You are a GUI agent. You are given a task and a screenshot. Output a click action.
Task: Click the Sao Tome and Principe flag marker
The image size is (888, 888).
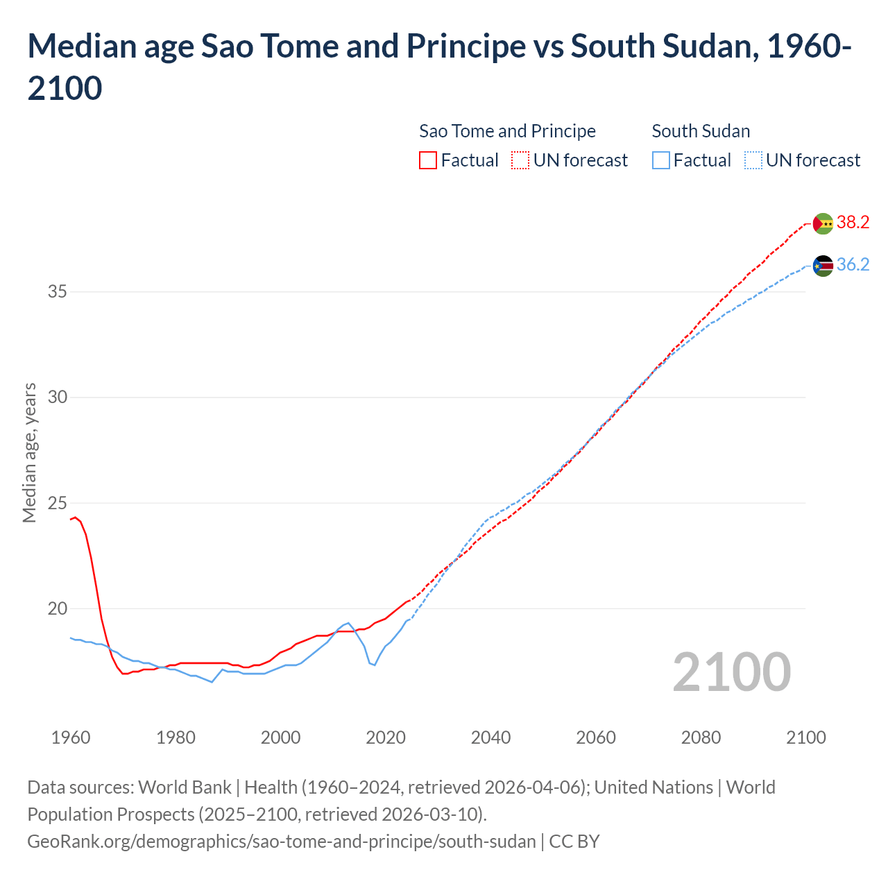coord(823,223)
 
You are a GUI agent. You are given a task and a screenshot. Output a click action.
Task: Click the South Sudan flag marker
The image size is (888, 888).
coord(823,266)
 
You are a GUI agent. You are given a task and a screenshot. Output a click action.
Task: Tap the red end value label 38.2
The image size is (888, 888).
coord(853,222)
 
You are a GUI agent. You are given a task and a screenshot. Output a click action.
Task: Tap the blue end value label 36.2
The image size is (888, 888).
coord(853,264)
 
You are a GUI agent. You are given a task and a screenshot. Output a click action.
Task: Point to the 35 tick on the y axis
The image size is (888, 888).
coord(57,291)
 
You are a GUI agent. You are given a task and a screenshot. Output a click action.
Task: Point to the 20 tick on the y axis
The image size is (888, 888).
coord(57,608)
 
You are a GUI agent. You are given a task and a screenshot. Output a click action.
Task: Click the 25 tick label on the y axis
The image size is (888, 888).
coord(57,503)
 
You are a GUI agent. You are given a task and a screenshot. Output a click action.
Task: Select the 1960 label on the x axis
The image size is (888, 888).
coord(71,737)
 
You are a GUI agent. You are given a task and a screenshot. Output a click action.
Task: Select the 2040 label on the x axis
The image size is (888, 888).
coord(490,737)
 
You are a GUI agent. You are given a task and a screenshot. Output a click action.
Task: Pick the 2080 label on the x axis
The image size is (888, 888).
coord(701,737)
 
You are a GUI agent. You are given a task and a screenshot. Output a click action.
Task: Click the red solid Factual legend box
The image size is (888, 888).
coord(428,160)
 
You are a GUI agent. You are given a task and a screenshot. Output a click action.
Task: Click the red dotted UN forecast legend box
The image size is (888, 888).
coord(520,160)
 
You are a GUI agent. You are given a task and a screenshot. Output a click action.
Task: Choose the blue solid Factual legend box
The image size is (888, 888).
coord(661,160)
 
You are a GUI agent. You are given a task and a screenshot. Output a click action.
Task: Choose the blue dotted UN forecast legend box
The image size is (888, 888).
coord(753,160)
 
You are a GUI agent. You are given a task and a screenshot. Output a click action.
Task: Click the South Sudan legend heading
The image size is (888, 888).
coord(701,131)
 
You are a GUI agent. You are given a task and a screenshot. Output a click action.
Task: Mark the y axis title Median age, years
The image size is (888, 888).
coord(29,452)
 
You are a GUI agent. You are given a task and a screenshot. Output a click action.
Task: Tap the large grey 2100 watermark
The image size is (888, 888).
coord(731,672)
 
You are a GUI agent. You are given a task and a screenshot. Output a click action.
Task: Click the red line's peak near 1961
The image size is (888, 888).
coord(76,517)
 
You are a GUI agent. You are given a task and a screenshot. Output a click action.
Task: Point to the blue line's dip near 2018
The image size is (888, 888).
coord(375,665)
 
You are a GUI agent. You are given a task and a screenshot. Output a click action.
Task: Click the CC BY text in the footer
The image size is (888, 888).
coord(574,842)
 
